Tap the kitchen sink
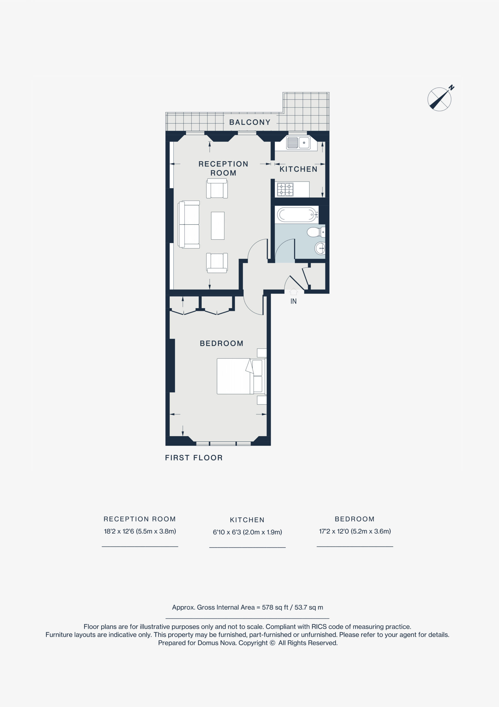(x=298, y=143)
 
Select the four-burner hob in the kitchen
(x=285, y=190)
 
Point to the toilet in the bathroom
(x=316, y=232)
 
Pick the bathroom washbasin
(x=320, y=248)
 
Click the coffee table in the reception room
(x=218, y=226)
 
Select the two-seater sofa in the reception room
(x=189, y=225)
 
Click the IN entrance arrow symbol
(x=293, y=291)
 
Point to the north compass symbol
(x=441, y=98)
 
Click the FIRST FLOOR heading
(x=194, y=458)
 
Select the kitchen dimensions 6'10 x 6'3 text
(x=247, y=532)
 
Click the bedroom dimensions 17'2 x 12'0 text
(x=355, y=531)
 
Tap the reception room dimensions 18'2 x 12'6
(x=140, y=531)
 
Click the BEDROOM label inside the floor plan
(x=222, y=343)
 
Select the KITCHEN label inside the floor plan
(x=298, y=169)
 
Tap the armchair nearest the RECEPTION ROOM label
(x=217, y=188)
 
